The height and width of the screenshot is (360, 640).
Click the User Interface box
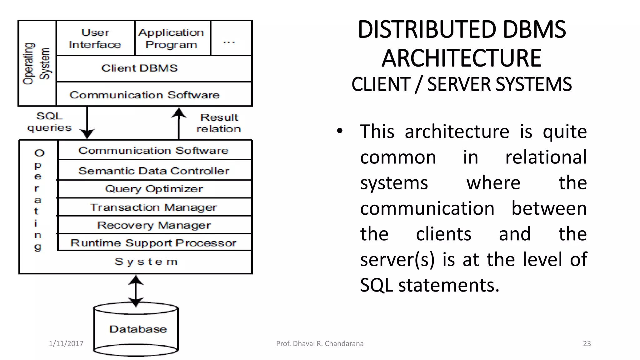tap(95, 38)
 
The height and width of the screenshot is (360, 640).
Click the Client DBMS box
tap(140, 68)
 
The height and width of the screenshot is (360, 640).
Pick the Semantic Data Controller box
tap(154, 171)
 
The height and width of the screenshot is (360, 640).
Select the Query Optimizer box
tap(154, 189)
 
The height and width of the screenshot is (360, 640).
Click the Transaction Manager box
tap(154, 207)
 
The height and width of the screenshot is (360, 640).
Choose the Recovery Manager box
tap(154, 225)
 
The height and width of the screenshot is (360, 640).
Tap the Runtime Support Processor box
tap(154, 243)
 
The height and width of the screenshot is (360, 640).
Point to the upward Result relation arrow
tap(179, 123)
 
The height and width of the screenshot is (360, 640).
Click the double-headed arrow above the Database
tap(136, 291)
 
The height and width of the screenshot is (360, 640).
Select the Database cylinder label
tap(138, 329)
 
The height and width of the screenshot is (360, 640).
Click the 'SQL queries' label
tap(49, 122)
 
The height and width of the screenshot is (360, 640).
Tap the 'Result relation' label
tap(219, 123)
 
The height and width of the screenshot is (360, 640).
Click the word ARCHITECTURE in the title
tap(462, 58)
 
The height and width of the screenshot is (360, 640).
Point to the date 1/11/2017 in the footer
tap(66, 344)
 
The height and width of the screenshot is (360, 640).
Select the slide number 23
tap(587, 344)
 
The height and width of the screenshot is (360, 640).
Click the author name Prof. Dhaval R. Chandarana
tap(320, 344)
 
